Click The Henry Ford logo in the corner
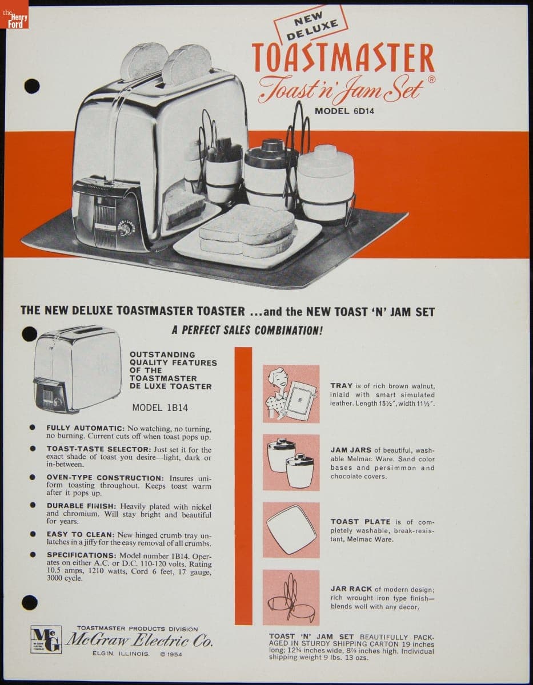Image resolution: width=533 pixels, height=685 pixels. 14,14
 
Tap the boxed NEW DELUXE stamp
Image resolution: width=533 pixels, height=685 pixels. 311,26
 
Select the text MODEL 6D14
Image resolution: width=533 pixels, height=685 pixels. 344,111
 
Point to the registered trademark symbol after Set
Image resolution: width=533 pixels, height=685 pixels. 432,79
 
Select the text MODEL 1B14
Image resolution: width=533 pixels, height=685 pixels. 160,408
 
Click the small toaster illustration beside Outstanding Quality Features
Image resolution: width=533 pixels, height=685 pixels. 77,369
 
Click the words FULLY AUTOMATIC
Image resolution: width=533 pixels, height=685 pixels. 86,428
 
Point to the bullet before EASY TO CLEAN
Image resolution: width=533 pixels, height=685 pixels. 32,534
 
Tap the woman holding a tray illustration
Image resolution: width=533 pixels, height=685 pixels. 291,394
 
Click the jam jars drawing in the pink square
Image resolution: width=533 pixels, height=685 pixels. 291,462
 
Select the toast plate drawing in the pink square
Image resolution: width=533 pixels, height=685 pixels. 291,530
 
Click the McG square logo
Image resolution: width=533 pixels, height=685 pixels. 46,639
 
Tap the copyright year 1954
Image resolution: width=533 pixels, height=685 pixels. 174,654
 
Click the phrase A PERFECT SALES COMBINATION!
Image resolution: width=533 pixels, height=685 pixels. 247,331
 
